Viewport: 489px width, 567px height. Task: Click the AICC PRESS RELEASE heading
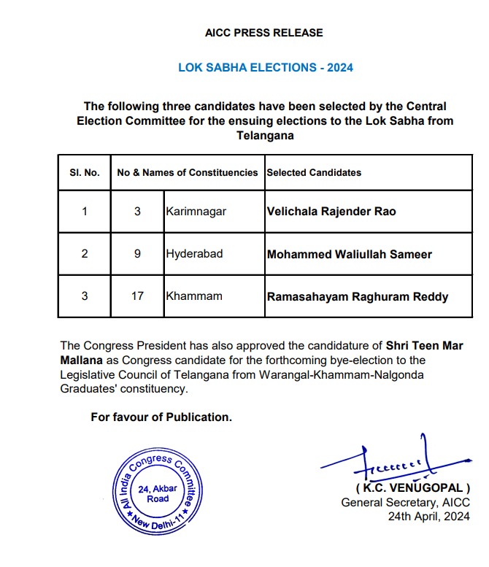click(264, 33)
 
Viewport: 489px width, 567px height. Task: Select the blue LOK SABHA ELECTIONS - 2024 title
click(266, 68)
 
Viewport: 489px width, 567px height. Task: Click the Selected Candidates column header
click(314, 173)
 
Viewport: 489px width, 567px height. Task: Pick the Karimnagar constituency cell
click(196, 212)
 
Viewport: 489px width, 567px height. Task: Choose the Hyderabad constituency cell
click(194, 255)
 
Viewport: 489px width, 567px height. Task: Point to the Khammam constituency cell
click(192, 297)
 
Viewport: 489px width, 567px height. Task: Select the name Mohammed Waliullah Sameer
click(350, 255)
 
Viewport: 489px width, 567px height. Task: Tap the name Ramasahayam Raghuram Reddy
click(358, 297)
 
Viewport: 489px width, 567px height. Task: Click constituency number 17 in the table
click(138, 297)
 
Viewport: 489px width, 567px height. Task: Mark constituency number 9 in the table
click(138, 255)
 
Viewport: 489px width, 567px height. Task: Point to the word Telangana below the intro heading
click(265, 136)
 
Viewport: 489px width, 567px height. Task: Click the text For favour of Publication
click(161, 417)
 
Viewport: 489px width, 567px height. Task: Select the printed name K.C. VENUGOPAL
click(412, 487)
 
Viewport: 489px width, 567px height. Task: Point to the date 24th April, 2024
click(428, 517)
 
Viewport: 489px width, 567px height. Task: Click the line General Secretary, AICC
click(406, 502)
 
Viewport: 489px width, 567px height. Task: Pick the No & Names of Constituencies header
click(188, 173)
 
